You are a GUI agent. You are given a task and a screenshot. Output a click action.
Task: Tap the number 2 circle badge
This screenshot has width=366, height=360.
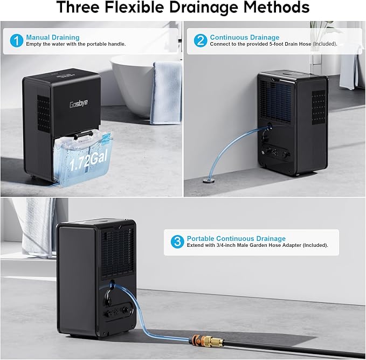click(201, 40)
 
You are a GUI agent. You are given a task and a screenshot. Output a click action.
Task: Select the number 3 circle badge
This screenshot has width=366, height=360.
click(177, 242)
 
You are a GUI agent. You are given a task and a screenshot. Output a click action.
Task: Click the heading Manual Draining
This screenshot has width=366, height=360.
click(53, 37)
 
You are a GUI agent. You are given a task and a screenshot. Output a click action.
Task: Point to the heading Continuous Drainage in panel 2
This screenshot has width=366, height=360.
click(245, 37)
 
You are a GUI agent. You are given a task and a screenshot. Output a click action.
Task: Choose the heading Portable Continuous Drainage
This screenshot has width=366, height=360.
click(236, 239)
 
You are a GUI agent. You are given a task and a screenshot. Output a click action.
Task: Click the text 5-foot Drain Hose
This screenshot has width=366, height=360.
click(286, 44)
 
